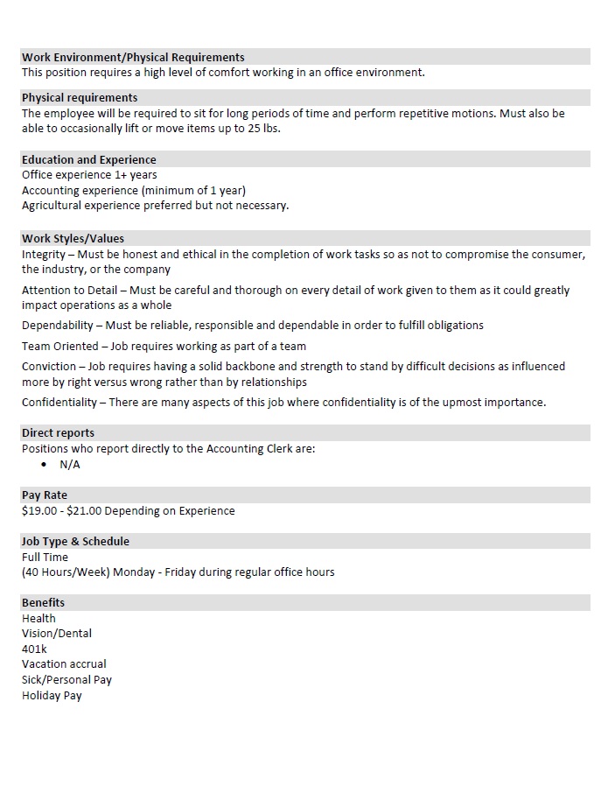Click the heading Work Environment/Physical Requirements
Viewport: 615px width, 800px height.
pos(133,57)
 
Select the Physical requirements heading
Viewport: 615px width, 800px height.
pos(80,97)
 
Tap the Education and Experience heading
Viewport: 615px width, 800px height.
pos(89,159)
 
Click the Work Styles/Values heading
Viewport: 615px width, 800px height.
pos(73,238)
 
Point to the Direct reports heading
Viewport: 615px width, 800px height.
pos(58,432)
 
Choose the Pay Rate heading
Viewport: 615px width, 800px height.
pos(45,495)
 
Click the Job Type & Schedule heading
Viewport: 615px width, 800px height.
pos(75,541)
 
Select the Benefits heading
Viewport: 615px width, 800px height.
pos(44,602)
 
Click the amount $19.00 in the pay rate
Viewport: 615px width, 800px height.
pos(38,510)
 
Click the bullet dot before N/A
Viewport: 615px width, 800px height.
pos(44,465)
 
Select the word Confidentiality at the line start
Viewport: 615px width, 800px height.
pos(59,402)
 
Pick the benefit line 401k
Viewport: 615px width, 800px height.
pos(34,649)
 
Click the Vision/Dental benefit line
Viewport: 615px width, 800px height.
pos(57,633)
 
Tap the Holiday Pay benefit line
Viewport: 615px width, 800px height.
pos(52,695)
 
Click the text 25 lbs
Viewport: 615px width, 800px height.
pos(262,129)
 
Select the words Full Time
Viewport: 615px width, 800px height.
pos(45,557)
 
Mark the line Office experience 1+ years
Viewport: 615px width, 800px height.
pos(89,175)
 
